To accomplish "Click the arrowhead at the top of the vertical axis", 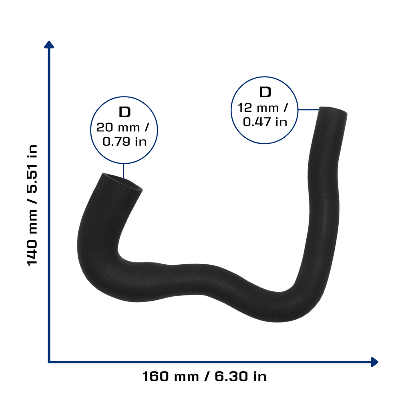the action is point(49,44).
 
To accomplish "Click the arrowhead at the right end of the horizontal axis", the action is point(375,362).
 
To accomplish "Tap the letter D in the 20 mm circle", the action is point(125,113).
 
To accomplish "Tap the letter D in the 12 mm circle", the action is point(265,92).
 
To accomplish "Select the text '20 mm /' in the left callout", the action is point(123,128).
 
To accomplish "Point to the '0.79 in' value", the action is point(125,142).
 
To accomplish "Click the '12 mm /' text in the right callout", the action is point(263,108).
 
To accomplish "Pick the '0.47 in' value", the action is point(265,122).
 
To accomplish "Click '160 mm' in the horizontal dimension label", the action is point(171,376).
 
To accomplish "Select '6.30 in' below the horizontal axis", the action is point(241,376).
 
